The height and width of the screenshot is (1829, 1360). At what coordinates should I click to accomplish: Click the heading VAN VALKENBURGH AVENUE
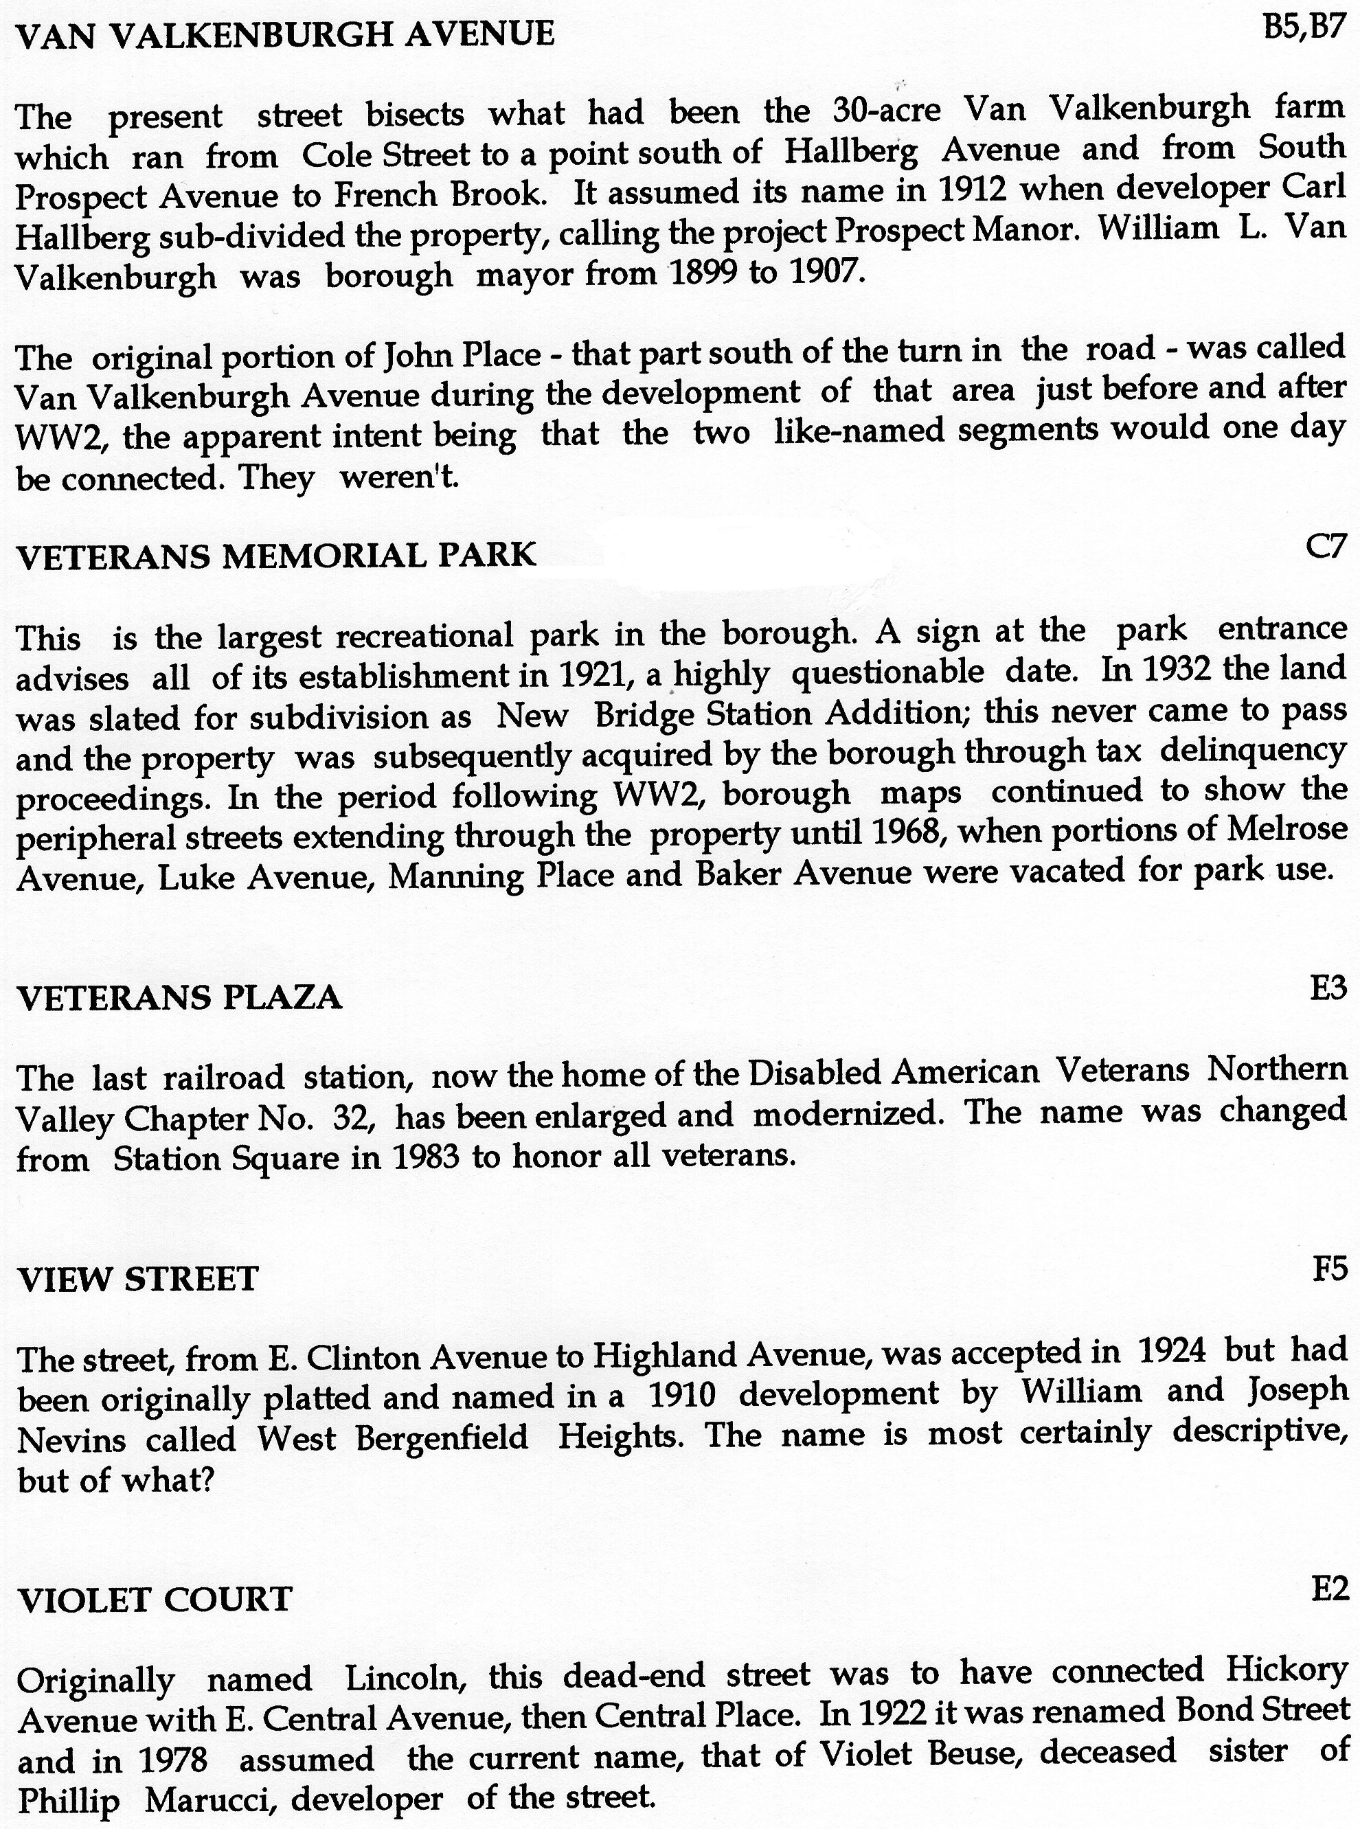[x=285, y=34]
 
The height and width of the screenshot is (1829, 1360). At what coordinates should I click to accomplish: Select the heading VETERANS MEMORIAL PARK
[x=277, y=556]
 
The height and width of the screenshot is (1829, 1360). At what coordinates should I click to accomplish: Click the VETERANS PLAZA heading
[x=179, y=998]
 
